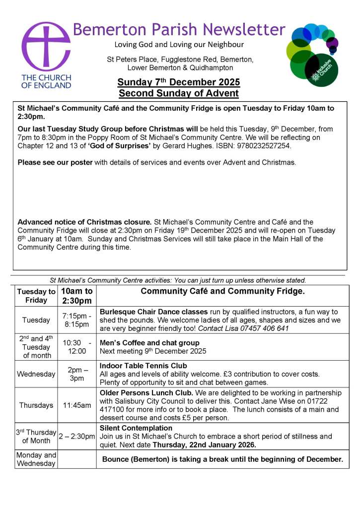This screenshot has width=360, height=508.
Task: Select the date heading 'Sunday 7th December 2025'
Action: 179,82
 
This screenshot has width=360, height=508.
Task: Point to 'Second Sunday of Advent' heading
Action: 179,93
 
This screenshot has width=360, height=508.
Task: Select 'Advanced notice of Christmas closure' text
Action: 84,222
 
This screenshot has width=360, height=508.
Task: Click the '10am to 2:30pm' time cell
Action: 76,296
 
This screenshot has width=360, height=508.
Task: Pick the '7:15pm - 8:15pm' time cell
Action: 76,320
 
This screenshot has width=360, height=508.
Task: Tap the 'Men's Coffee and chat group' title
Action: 149,343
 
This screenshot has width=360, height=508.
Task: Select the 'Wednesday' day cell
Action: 36,374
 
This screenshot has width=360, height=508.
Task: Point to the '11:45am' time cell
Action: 76,405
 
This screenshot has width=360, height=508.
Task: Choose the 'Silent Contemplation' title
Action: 136,428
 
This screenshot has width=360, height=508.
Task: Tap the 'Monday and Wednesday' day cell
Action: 36,459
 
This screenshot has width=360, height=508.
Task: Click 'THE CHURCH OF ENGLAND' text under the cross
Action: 46,81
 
